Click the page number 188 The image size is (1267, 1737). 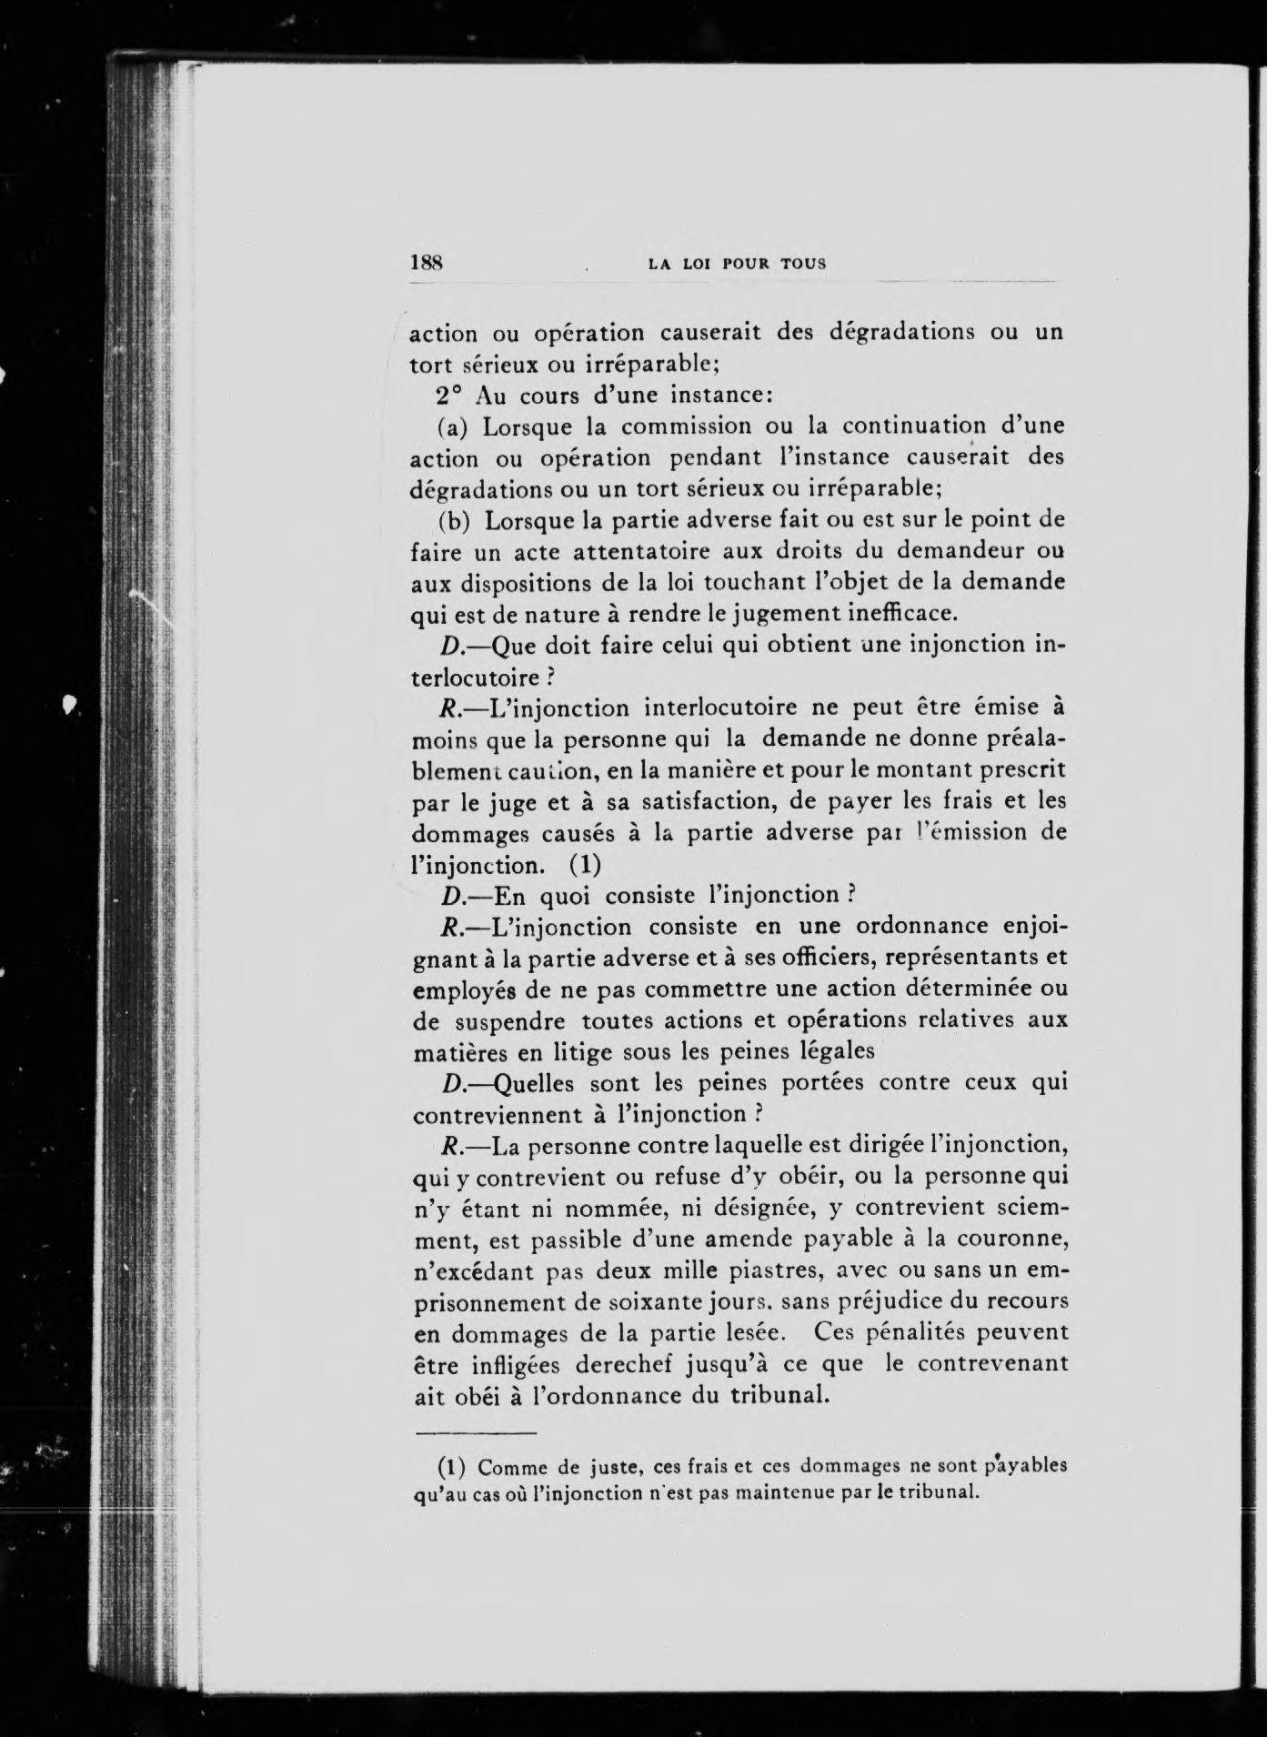coord(426,263)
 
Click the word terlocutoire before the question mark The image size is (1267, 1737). coord(483,676)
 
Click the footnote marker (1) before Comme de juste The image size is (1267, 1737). coord(453,1467)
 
